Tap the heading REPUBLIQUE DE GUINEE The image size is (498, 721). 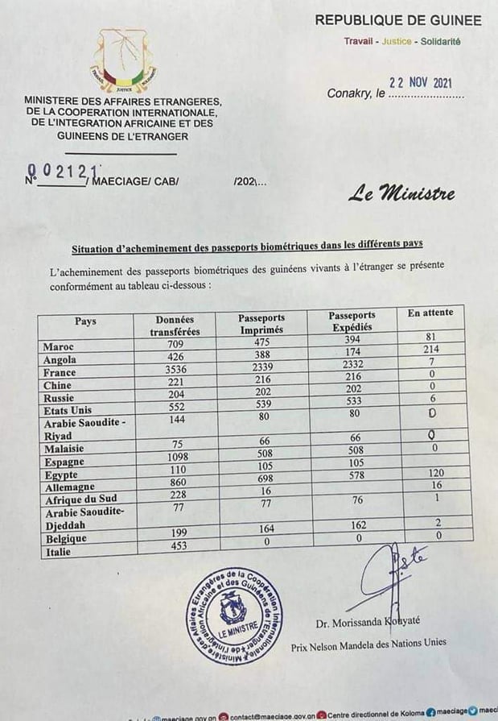click(x=398, y=21)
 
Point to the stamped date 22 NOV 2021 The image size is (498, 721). click(x=421, y=83)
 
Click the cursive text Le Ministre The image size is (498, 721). click(x=402, y=193)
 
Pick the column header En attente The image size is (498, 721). click(x=430, y=313)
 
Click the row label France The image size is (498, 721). click(x=60, y=373)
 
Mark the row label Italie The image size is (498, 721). click(x=57, y=553)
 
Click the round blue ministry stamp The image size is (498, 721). click(x=235, y=615)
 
